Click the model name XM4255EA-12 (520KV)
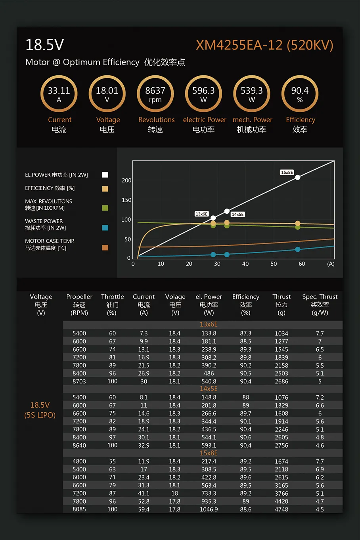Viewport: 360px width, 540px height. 264,45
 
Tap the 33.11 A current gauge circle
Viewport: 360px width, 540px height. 59,94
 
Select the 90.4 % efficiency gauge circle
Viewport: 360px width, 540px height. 300,94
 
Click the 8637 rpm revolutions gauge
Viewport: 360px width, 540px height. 155,94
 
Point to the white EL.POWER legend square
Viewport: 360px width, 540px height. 105,175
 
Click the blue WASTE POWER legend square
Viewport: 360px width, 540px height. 105,228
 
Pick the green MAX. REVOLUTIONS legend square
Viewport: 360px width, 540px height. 105,208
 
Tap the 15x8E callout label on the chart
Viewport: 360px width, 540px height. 287,172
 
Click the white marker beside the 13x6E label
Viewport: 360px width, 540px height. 213,218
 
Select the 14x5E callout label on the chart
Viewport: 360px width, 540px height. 237,214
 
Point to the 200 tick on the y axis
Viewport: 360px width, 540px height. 126,180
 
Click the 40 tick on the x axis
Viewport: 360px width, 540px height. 245,264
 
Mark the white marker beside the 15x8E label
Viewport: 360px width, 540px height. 298,177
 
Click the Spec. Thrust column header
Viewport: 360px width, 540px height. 320,304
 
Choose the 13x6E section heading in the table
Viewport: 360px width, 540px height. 209,324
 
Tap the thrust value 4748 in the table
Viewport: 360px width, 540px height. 281,509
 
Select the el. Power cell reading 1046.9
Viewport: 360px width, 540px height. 209,509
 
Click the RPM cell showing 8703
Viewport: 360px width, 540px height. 79,381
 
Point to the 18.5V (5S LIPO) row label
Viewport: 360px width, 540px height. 40,410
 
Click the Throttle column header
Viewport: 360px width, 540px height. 112,304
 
